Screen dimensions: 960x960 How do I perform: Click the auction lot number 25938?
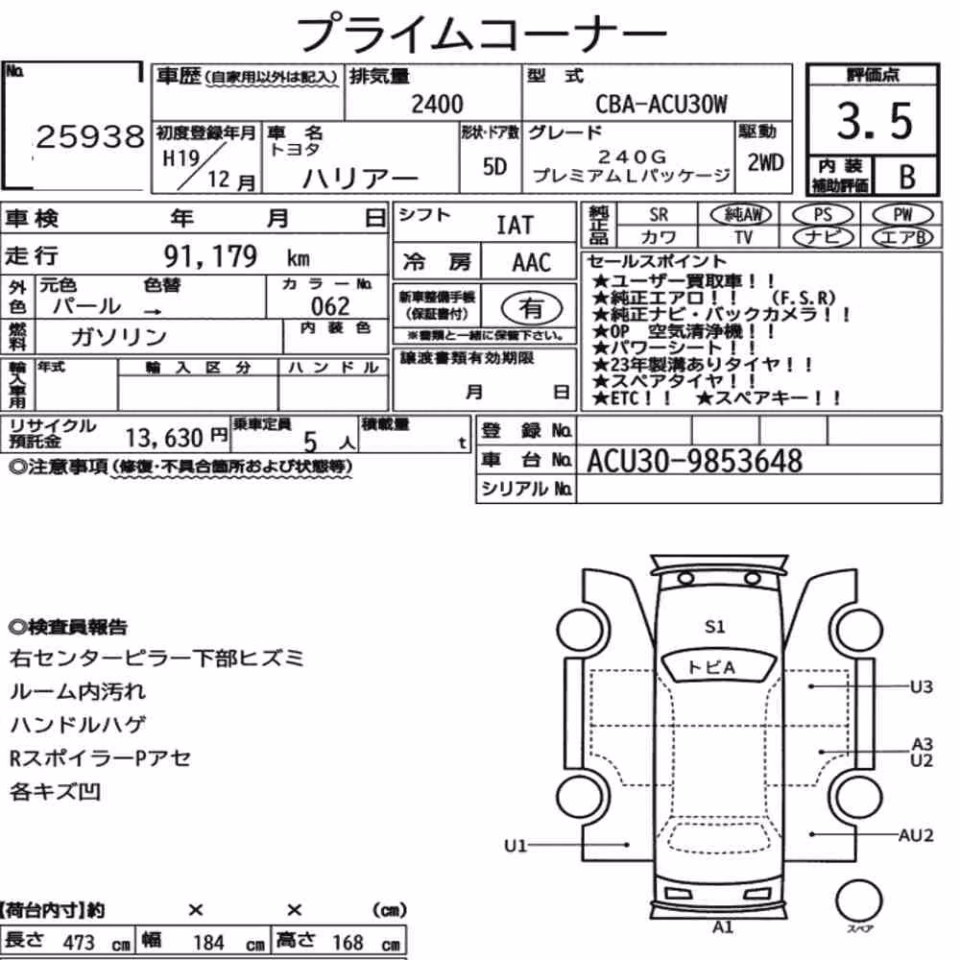tap(89, 137)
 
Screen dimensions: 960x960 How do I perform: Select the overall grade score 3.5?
tap(874, 121)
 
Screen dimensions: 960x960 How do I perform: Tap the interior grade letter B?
tap(907, 177)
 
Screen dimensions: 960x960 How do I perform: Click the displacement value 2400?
tap(437, 104)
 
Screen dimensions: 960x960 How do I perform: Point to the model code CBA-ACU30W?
tap(661, 104)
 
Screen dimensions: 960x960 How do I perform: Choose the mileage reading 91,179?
tap(210, 256)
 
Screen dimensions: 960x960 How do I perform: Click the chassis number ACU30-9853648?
tap(694, 461)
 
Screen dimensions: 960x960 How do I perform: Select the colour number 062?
tap(330, 306)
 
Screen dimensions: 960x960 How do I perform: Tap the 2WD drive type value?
tap(765, 163)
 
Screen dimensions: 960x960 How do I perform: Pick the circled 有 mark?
tap(532, 308)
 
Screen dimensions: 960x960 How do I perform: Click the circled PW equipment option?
tap(902, 214)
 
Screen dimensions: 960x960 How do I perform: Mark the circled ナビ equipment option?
tap(823, 237)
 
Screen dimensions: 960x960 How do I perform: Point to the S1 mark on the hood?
tap(714, 626)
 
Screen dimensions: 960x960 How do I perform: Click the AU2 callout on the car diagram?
tap(915, 835)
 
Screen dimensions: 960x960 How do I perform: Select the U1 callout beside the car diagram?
tap(515, 846)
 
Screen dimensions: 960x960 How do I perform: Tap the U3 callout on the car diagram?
tap(921, 686)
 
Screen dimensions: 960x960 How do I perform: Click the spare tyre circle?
tap(858, 900)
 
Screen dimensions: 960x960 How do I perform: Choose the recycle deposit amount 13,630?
tap(164, 438)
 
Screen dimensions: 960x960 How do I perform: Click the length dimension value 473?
tap(79, 943)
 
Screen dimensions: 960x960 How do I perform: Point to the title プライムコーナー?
tap(482, 34)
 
